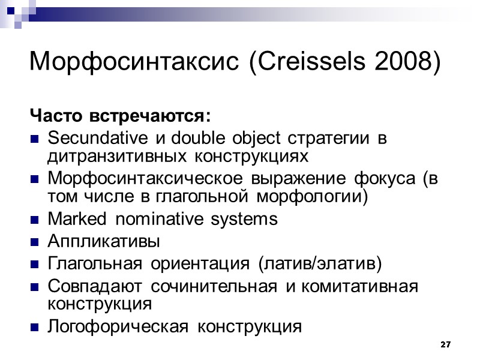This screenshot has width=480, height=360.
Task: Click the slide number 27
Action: pyautogui.click(x=445, y=344)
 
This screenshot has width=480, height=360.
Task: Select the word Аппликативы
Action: pyautogui.click(x=103, y=242)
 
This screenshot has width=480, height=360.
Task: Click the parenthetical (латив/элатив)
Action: pyautogui.click(x=319, y=264)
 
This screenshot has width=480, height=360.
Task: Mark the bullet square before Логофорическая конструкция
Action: pyautogui.click(x=35, y=328)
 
